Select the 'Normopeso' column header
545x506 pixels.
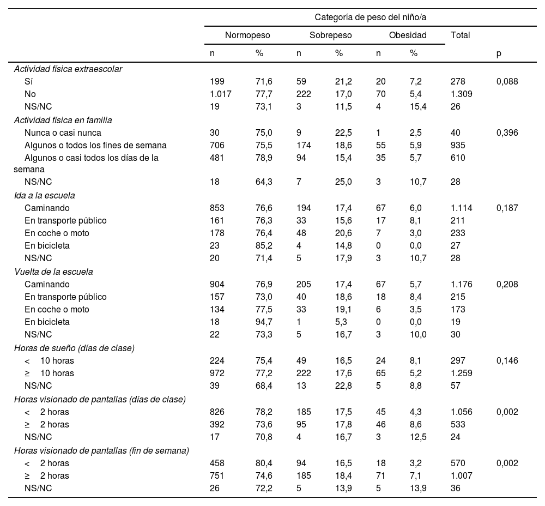click(247, 35)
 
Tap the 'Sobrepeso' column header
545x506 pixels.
click(330, 35)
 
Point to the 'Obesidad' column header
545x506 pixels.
click(408, 35)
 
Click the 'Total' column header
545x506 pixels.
click(461, 35)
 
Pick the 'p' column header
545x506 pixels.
click(499, 53)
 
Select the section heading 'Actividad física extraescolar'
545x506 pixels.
click(68, 69)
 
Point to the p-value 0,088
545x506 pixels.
click(507, 81)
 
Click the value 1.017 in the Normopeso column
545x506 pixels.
click(221, 94)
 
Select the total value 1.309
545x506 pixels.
click(462, 94)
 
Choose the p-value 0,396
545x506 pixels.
click(507, 132)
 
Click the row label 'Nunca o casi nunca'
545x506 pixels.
click(63, 132)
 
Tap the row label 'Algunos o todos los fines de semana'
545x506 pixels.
click(95, 145)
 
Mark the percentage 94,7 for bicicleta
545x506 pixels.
click(264, 322)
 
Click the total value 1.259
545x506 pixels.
click(462, 373)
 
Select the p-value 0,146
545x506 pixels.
click(507, 360)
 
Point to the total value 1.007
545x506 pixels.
click(462, 475)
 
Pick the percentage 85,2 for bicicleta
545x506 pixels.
click(264, 245)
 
